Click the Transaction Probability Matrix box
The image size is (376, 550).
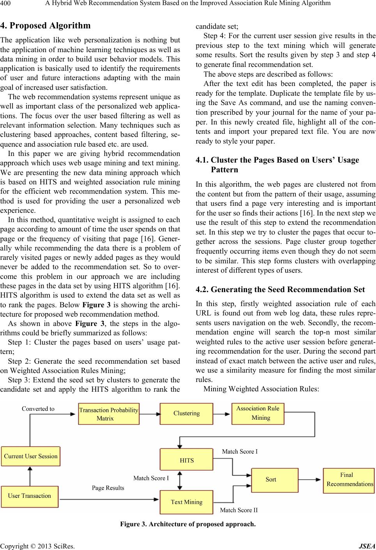click(x=109, y=414)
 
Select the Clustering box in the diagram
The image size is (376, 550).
click(x=187, y=413)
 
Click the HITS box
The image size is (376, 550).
click(x=187, y=460)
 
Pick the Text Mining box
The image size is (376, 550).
click(x=187, y=502)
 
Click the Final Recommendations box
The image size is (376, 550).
click(x=348, y=480)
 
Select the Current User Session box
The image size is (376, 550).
click(x=31, y=456)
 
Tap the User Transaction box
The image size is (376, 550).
click(x=30, y=496)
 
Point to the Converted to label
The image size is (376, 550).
click(x=38, y=409)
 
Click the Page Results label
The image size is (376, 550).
click(x=108, y=488)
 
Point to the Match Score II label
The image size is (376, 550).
click(x=239, y=510)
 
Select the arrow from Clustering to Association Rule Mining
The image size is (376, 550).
click(x=222, y=414)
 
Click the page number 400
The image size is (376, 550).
click(x=7, y=4)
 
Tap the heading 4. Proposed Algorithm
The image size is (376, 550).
click(x=46, y=26)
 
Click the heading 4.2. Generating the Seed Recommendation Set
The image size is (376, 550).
click(x=280, y=289)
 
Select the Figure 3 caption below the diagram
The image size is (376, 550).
click(x=188, y=524)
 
